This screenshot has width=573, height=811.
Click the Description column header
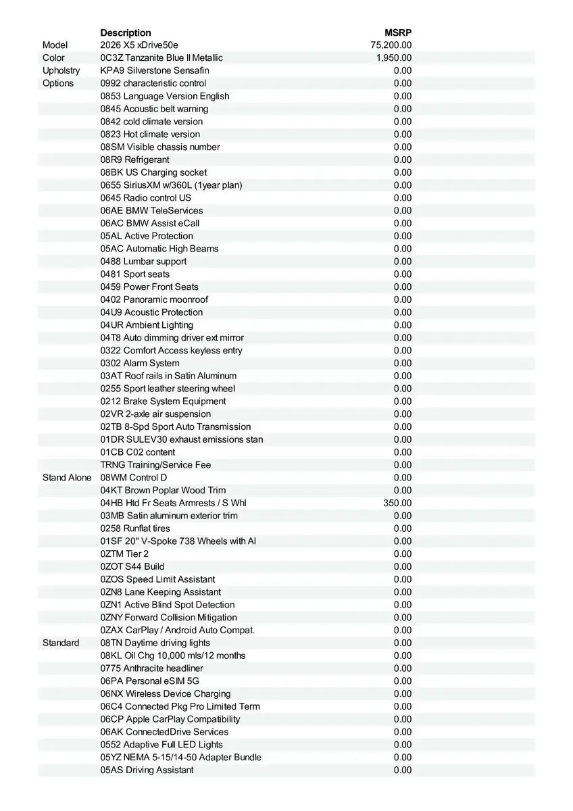126,32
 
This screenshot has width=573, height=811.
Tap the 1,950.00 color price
394,58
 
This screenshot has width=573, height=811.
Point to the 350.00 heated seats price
397,503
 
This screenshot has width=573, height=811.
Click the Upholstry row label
61,70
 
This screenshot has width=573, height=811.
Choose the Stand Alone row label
67,478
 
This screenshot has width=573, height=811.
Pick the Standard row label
61,643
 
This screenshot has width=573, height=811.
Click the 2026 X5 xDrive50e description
139,45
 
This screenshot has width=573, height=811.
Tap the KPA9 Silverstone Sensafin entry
155,70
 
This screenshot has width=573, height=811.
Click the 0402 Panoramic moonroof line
154,299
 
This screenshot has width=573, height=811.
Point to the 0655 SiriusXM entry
171,185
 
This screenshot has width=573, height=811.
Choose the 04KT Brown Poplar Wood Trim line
163,490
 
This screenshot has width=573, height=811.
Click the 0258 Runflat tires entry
135,529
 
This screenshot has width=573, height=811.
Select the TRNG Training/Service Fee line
155,465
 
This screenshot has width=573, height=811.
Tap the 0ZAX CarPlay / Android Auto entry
178,630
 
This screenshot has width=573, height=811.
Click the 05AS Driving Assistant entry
147,770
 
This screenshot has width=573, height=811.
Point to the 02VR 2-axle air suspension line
155,414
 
